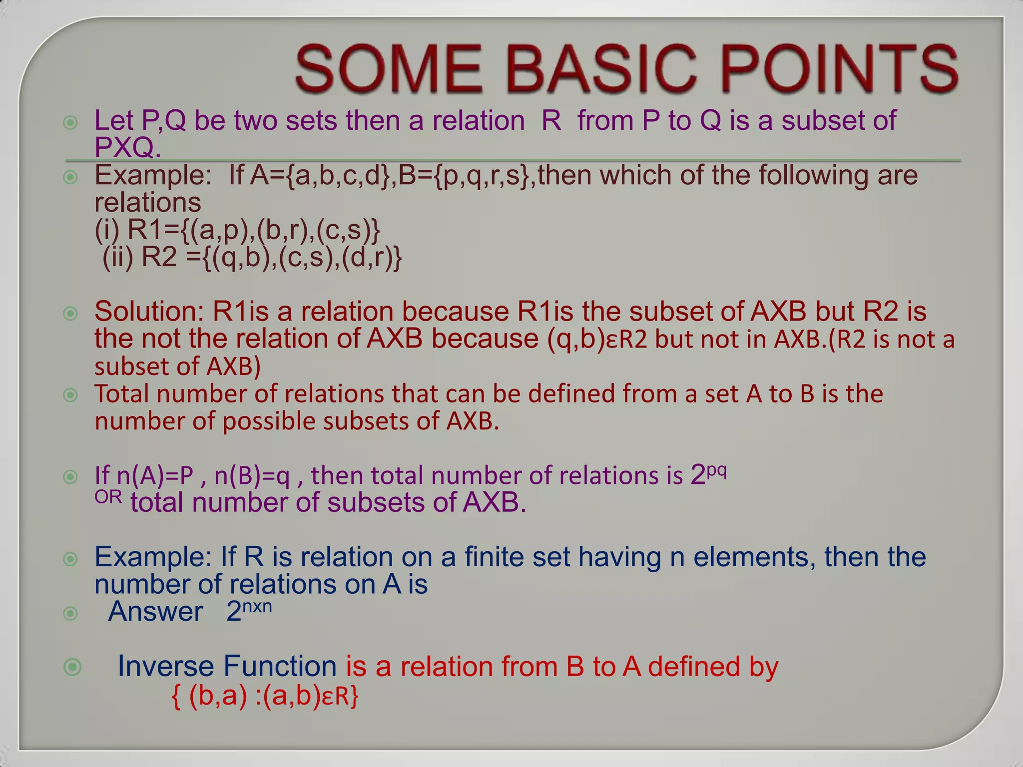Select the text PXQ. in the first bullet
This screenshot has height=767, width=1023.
click(127, 147)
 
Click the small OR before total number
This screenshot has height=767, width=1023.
click(108, 497)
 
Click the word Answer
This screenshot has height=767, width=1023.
click(155, 612)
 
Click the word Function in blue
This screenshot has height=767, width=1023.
click(280, 666)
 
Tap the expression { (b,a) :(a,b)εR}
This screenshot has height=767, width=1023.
click(265, 696)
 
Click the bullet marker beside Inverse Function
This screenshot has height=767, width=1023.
click(72, 667)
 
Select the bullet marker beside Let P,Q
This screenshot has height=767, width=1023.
click(71, 122)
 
